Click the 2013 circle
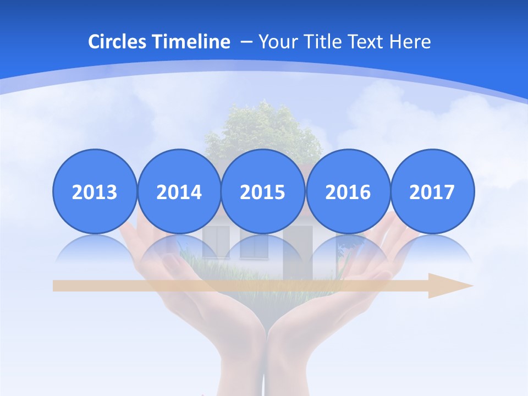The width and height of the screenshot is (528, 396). pos(95,191)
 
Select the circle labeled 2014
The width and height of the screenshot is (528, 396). pos(179,191)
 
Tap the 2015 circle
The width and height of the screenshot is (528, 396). pos(263,191)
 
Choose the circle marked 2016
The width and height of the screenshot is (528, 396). pos(348,191)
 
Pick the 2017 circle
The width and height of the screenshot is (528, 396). pos(432,191)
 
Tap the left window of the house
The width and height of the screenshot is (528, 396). pos(215,242)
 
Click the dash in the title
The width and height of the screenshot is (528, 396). pos(247,42)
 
